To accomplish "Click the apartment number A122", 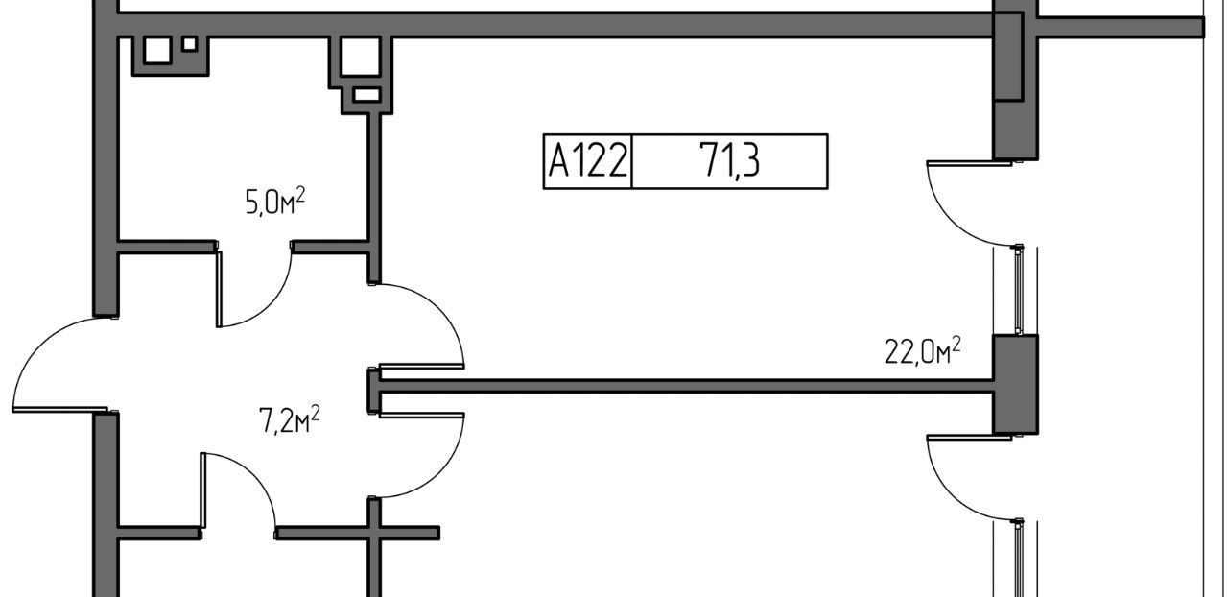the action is (x=588, y=160).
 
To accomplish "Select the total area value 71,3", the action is (x=730, y=160).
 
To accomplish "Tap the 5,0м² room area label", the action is (x=275, y=201).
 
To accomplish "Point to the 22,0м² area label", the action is (x=922, y=351).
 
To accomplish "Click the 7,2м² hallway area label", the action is (x=289, y=419).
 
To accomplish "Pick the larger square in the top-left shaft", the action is (x=157, y=51).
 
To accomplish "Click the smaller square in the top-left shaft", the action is (x=190, y=44).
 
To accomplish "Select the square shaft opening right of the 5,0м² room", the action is (x=360, y=56).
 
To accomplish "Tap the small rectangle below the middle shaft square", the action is (x=366, y=95).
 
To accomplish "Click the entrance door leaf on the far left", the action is (x=59, y=409).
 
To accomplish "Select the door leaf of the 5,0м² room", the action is (x=220, y=289).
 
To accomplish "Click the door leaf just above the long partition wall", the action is (x=421, y=366).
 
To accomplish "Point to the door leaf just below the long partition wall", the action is (x=421, y=416).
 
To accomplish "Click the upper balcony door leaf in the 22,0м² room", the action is (x=969, y=162).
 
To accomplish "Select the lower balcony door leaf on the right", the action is (x=969, y=438).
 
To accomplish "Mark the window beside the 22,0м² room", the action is (x=1019, y=290).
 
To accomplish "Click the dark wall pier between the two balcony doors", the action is (x=1016, y=384).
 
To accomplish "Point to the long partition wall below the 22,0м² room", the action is (x=686, y=386).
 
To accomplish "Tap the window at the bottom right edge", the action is (x=1019, y=558).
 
